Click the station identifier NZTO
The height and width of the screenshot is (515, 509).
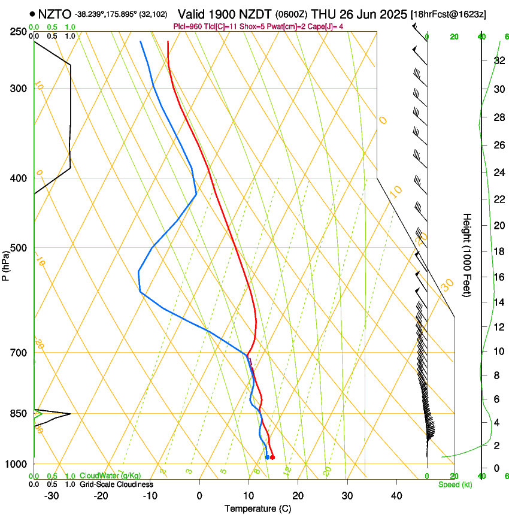coord(55,14)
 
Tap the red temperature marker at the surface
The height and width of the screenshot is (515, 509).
coord(272,458)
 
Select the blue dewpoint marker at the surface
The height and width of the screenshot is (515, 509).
coord(267,458)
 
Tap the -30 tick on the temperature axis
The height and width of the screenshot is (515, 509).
coord(51,495)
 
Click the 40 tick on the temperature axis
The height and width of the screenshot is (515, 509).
coord(396,495)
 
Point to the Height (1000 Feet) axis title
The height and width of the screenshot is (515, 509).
coord(467,255)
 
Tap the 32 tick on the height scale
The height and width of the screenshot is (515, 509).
coord(482,60)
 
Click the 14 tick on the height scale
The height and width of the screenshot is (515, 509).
coord(482,302)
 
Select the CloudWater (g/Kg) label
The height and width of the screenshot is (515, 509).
coord(110,476)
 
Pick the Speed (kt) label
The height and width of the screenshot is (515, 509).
coord(455,484)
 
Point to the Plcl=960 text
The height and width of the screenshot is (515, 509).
coord(188,26)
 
